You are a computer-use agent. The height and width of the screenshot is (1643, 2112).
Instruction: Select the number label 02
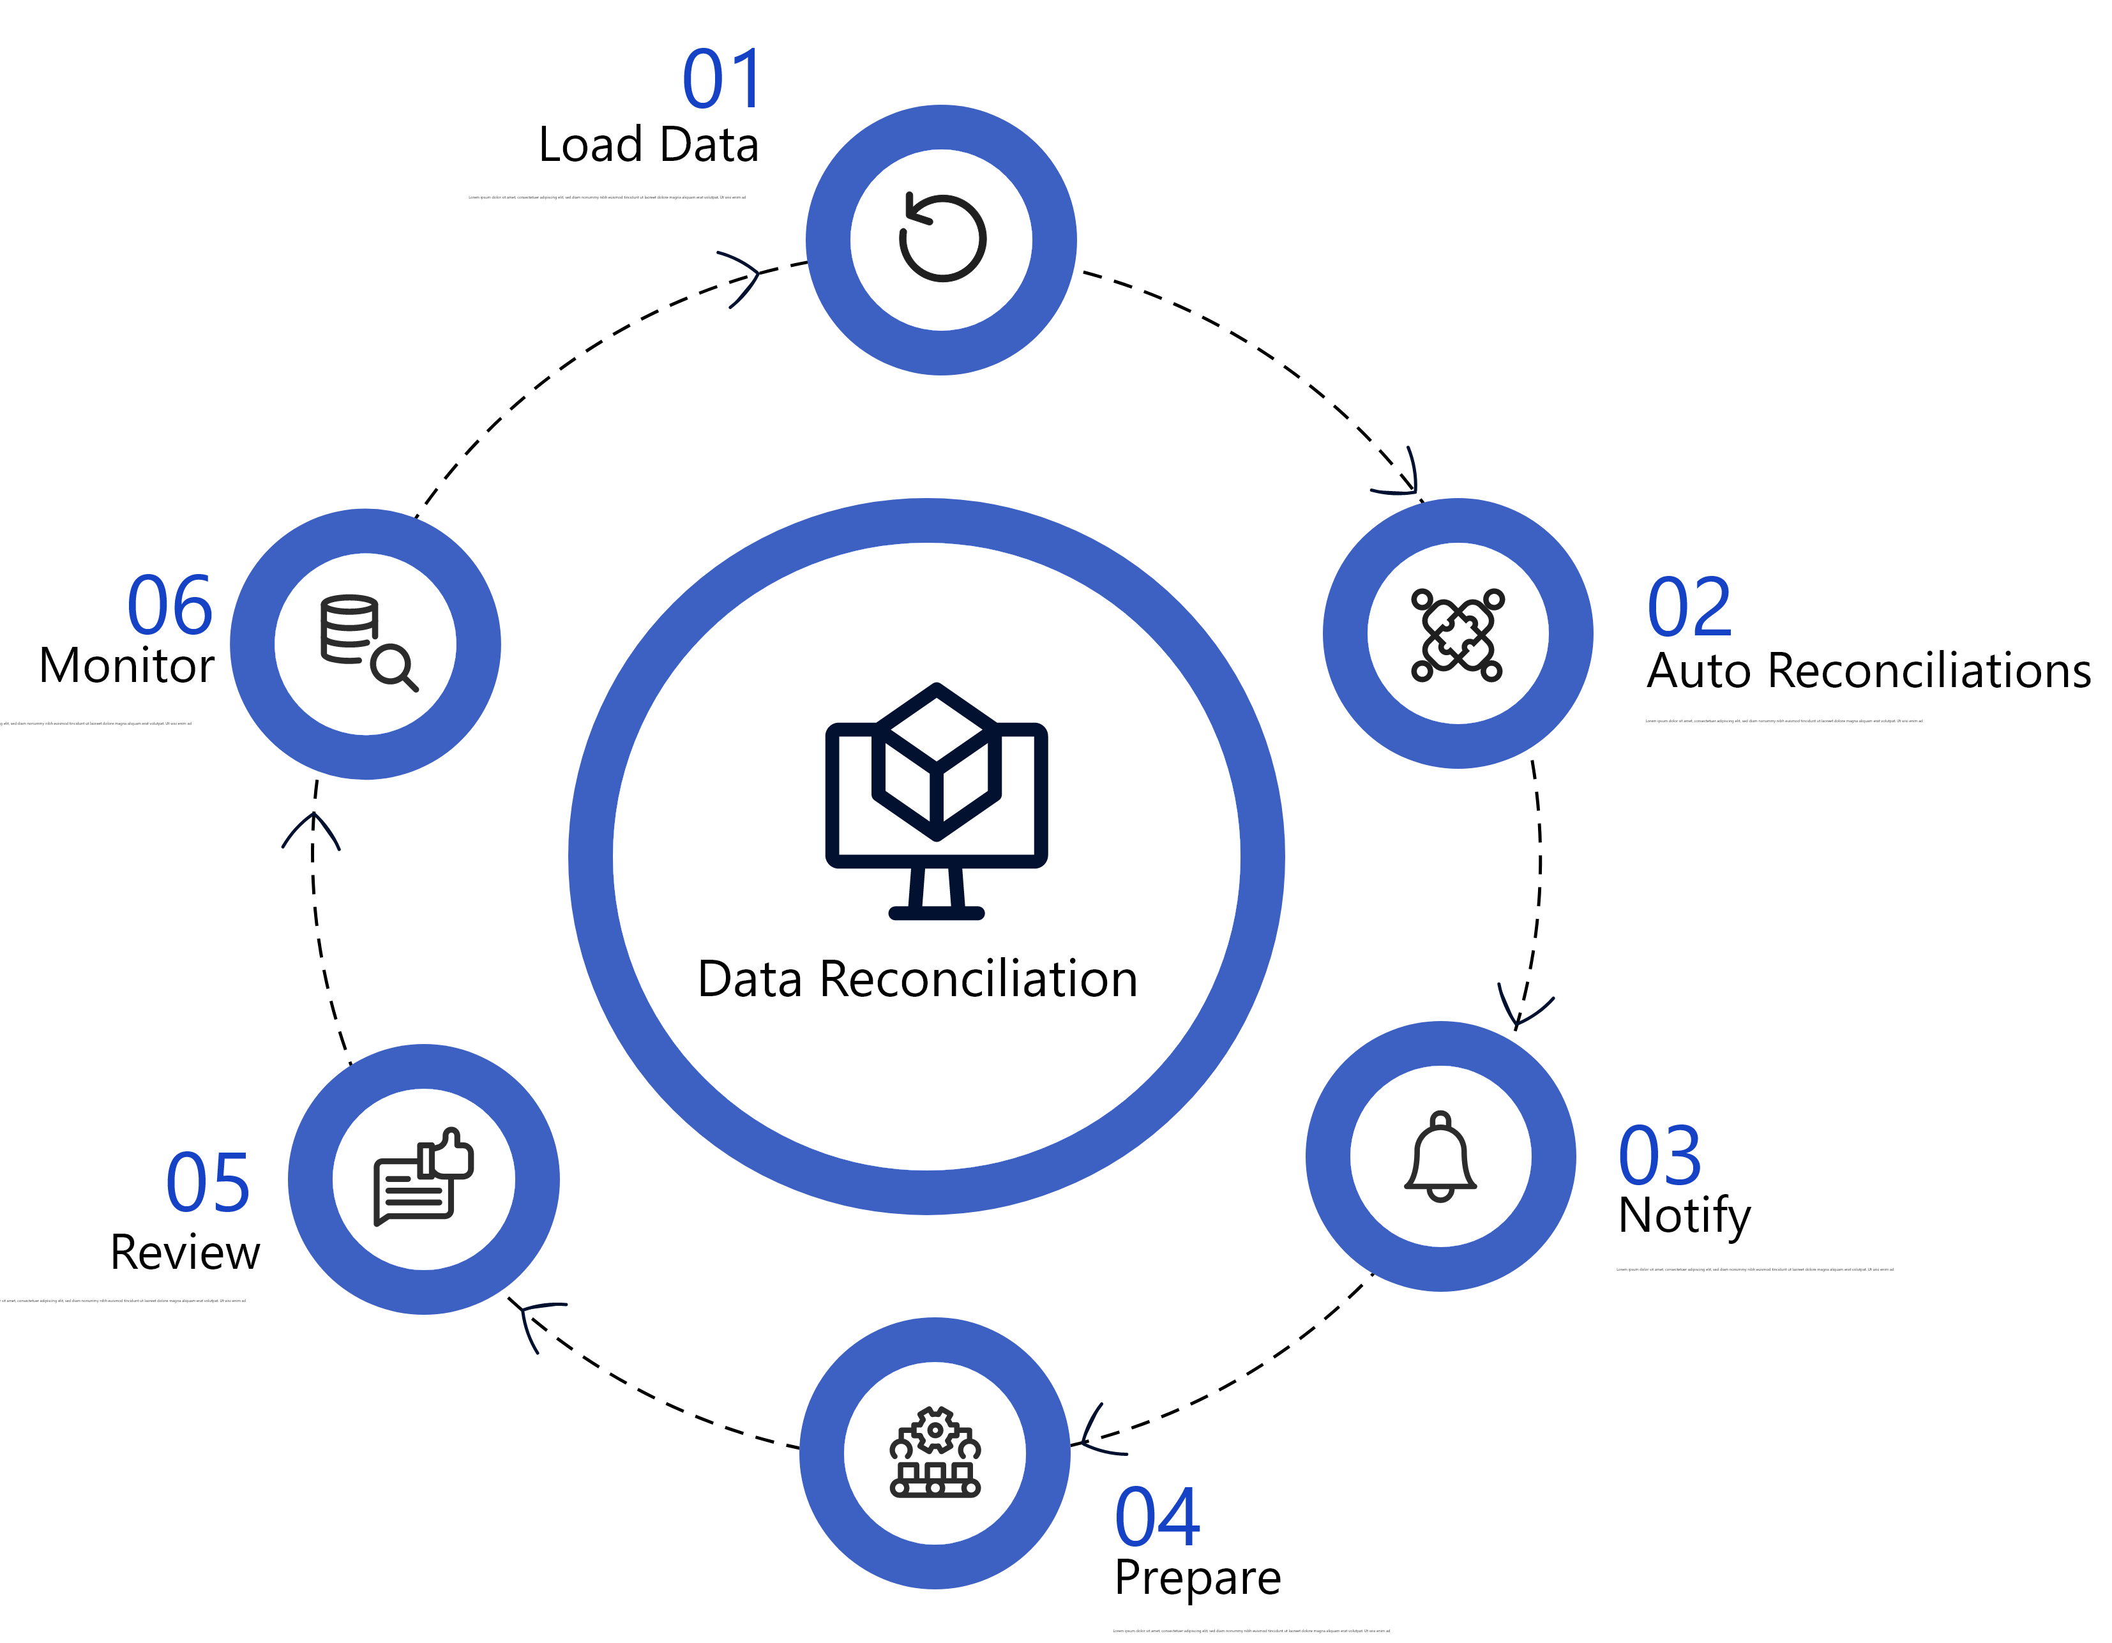1689,607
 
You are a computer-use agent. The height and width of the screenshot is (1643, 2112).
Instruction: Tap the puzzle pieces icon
1458,634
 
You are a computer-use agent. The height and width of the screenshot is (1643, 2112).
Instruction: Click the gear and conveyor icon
935,1453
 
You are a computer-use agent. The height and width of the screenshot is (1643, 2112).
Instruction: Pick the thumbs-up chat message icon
423,1178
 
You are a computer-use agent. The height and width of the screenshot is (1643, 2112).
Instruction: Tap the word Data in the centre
750,979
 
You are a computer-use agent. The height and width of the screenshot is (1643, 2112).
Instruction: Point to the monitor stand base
936,912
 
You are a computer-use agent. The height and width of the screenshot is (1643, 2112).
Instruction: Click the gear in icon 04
935,1429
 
